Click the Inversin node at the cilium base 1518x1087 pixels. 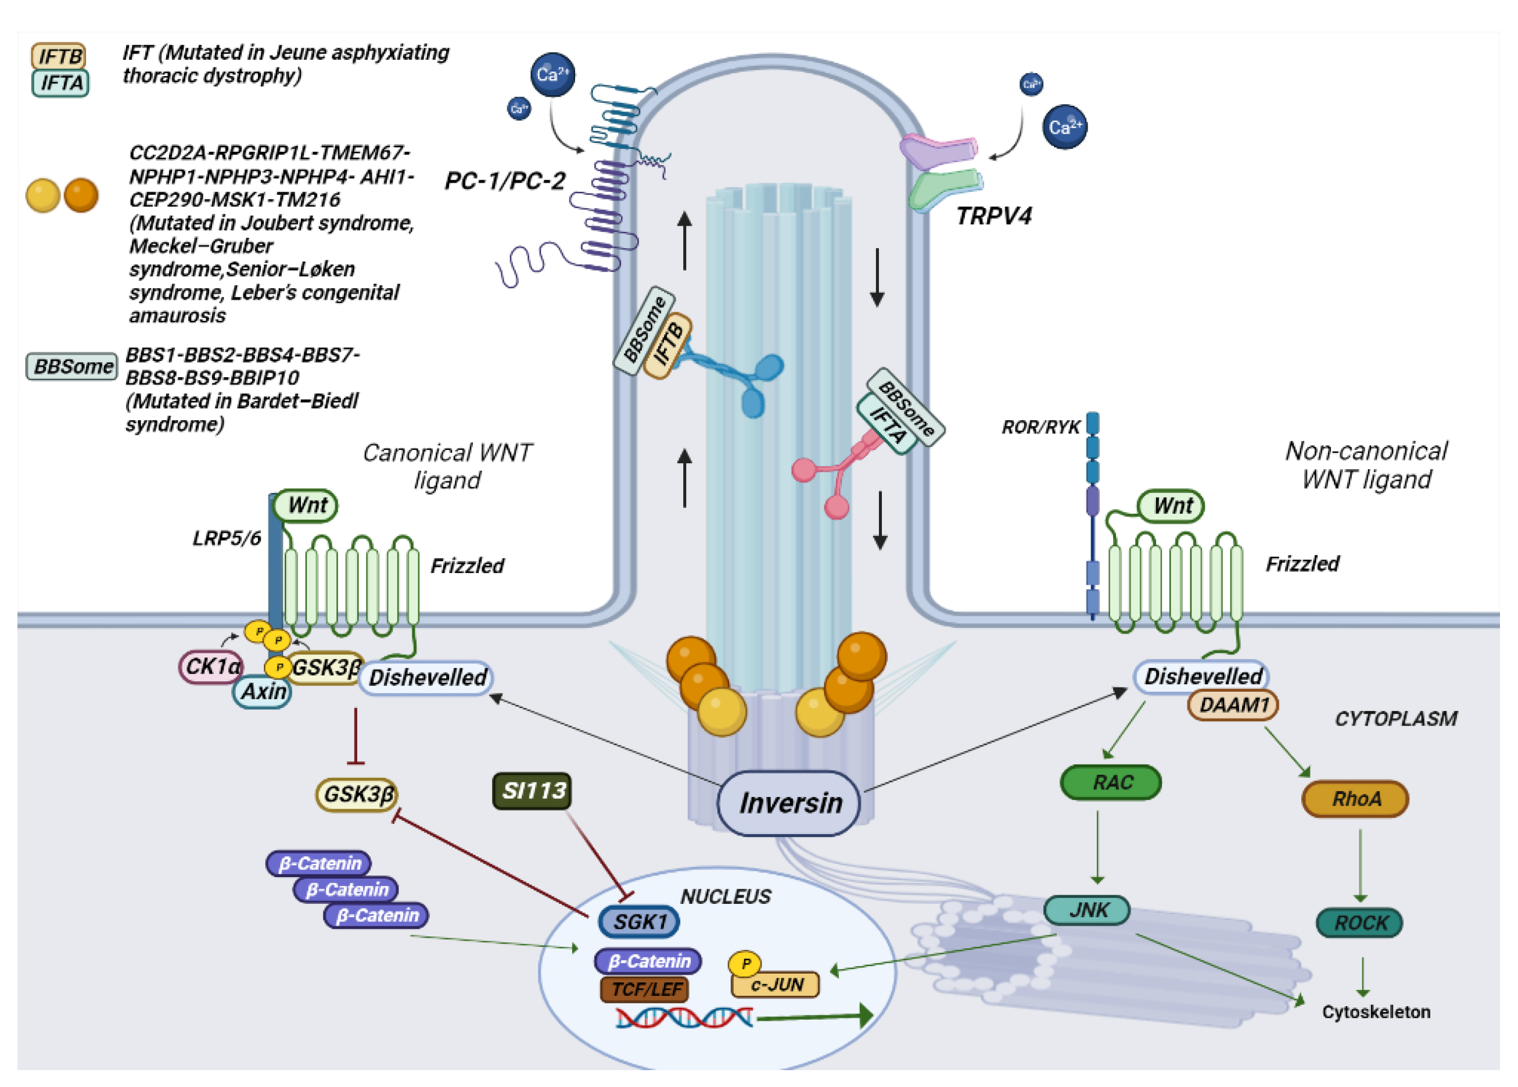pos(789,803)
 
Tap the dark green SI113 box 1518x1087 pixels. pos(533,791)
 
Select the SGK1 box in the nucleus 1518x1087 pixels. pos(640,922)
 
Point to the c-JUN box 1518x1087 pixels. pos(776,985)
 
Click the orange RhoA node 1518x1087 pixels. pos(1355,799)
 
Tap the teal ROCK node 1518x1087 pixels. pos(1359,923)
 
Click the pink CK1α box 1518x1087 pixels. pos(211,667)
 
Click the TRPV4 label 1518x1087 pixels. pos(993,216)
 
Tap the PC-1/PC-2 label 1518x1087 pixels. pos(505,181)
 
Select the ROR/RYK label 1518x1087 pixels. pos(1040,427)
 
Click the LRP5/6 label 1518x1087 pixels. pos(227,538)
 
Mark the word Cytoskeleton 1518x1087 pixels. pos(1376,1011)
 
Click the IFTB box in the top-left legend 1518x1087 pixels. pos(59,56)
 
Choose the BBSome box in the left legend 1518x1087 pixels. pos(72,366)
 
